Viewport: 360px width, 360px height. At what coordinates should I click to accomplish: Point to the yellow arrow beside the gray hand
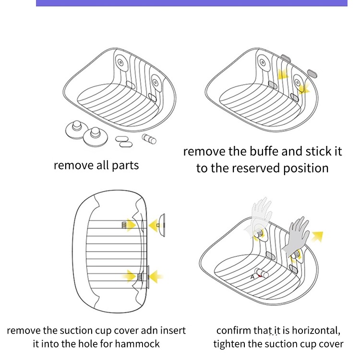pos(316,235)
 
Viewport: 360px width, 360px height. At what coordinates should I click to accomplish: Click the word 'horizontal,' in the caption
pos(317,331)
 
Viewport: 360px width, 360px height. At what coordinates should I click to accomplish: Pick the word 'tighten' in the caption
pos(229,344)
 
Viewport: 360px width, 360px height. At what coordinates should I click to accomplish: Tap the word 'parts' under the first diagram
pos(125,166)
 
